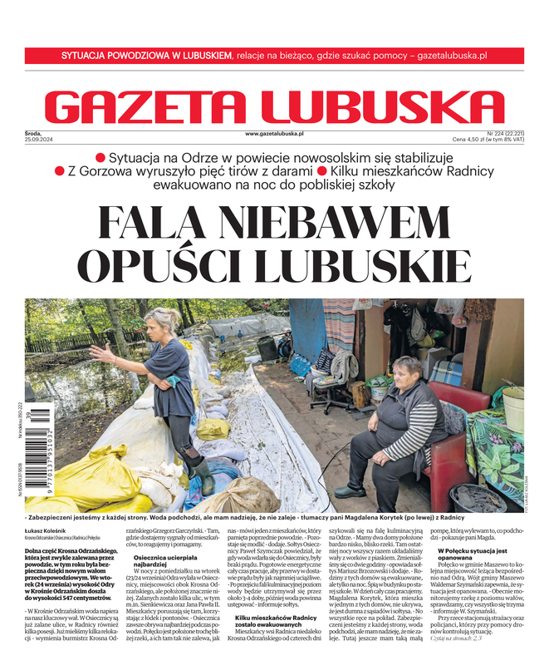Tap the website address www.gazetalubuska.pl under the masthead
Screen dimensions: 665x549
click(x=274, y=133)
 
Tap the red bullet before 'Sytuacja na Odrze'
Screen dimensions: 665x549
click(x=101, y=157)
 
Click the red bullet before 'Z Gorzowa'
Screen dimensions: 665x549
click(x=59, y=170)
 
